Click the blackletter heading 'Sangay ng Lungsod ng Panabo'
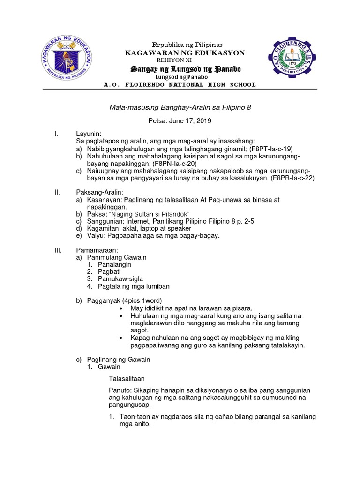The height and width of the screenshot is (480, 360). (x=185, y=69)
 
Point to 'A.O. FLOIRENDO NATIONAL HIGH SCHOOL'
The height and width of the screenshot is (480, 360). (x=180, y=85)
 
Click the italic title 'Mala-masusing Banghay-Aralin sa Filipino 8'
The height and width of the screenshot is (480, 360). (x=180, y=107)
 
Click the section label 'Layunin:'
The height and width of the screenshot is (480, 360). (x=89, y=134)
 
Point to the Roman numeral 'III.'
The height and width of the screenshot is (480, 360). (x=59, y=250)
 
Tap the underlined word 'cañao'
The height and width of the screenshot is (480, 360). (x=224, y=416)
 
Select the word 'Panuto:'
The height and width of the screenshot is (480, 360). (x=120, y=390)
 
